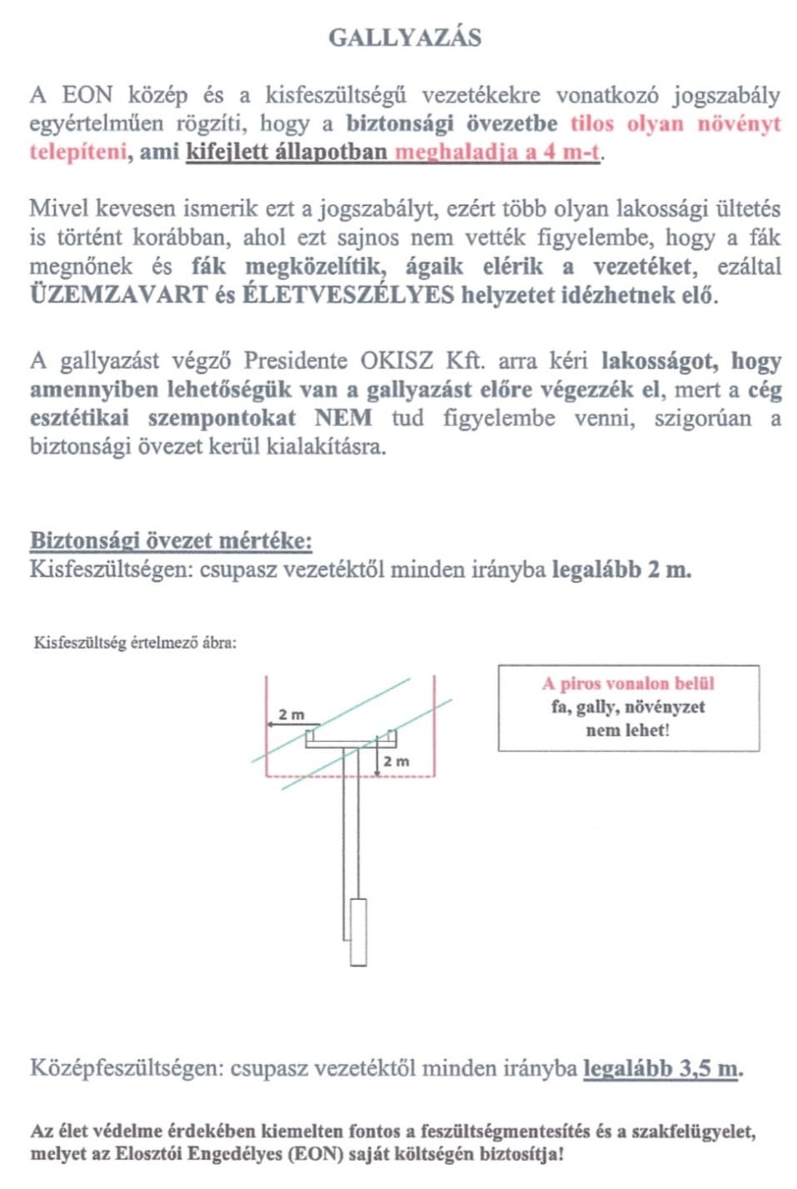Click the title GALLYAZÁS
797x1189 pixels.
pos(404,38)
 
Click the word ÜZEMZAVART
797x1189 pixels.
pos(118,295)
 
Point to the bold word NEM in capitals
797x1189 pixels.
pos(343,418)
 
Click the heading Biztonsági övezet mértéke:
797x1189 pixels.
pos(171,540)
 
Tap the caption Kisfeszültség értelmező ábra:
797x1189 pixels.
pos(135,642)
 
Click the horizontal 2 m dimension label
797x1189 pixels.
pos(291,715)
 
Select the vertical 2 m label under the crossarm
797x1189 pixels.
pos(396,761)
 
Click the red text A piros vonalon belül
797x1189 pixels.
pos(628,684)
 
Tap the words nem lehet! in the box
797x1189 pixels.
pos(628,730)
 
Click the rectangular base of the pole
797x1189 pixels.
pos(358,931)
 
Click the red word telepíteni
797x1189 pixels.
pos(78,152)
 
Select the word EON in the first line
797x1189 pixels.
pos(87,95)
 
